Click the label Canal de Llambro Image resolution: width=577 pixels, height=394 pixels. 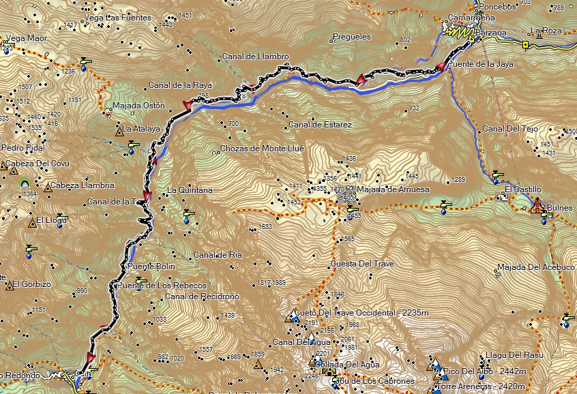tap(256, 57)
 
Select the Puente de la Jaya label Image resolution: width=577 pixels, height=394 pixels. tap(484, 64)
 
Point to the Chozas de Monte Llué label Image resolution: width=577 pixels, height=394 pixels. tap(262, 149)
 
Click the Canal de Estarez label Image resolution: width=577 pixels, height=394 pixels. tap(320, 125)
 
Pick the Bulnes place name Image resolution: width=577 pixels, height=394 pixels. tap(560, 207)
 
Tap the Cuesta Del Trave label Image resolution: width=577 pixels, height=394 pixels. tap(362, 263)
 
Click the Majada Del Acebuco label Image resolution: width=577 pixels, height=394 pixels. tap(536, 267)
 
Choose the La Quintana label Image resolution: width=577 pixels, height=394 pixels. tap(190, 190)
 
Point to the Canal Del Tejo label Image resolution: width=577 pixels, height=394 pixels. tap(510, 129)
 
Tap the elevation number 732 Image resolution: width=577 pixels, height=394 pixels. tap(414, 108)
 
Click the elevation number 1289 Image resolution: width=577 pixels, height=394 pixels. tap(458, 180)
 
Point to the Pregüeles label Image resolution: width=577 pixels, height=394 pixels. tap(351, 37)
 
